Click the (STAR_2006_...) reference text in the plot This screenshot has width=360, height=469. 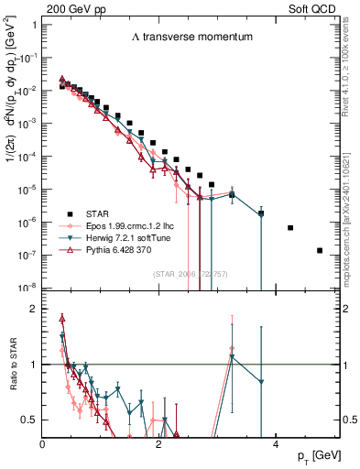[x=191, y=274]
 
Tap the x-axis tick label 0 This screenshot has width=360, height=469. [x=43, y=443]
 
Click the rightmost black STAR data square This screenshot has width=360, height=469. [x=320, y=250]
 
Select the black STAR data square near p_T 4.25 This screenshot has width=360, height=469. [x=290, y=227]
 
